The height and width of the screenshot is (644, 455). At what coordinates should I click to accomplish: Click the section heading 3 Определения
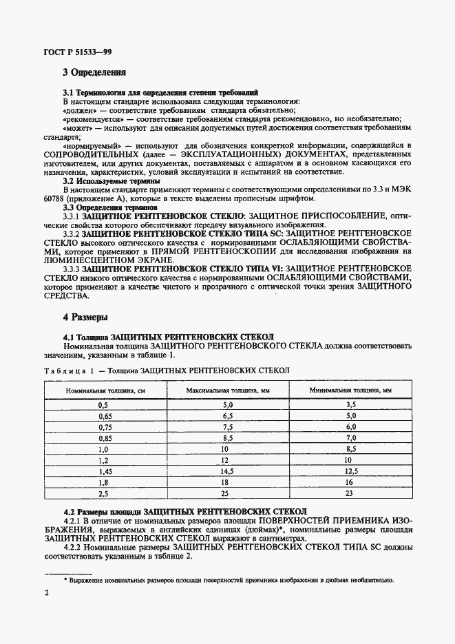coord(94,71)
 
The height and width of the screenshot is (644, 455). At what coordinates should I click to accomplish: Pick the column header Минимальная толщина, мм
coord(350,389)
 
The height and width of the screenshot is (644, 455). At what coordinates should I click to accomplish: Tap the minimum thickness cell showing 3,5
coord(350,405)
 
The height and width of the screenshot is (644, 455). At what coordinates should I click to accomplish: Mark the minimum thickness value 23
coord(350,493)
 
